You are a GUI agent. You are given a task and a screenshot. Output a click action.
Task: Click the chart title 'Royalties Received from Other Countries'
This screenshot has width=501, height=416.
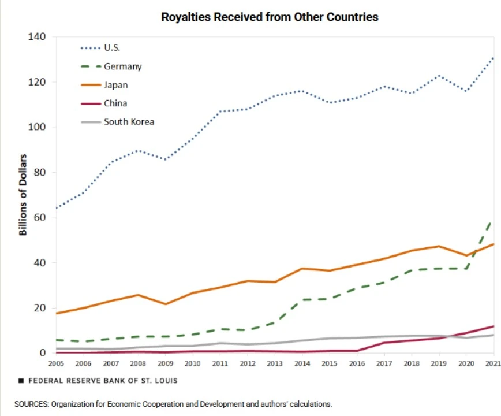tap(270, 17)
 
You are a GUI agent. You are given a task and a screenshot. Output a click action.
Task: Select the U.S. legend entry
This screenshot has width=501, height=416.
tap(100, 47)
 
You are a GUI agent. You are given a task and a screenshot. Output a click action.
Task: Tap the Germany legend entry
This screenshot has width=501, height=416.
tap(111, 66)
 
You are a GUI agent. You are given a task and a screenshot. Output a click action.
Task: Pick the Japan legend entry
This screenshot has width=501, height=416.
tap(104, 85)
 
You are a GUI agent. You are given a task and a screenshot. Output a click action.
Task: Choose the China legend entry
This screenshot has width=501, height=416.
tap(104, 103)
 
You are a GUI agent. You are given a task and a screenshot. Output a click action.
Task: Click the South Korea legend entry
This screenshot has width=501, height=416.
tap(118, 122)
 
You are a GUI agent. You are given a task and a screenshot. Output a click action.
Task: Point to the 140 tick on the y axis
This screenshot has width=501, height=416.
tap(37, 36)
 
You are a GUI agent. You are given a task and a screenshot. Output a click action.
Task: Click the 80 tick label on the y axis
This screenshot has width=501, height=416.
tap(40, 172)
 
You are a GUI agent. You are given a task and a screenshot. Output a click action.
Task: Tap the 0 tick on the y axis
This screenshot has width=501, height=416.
tap(43, 353)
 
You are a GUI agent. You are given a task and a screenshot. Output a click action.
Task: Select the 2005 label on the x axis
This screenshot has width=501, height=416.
tap(56, 363)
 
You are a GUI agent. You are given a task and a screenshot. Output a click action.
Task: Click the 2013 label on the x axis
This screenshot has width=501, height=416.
tap(275, 363)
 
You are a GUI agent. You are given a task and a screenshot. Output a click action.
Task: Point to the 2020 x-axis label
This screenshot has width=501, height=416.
tap(466, 363)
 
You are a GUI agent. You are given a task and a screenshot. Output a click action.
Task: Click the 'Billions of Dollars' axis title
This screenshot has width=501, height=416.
tap(23, 195)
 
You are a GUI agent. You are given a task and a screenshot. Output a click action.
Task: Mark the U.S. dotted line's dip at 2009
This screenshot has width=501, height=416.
tap(165, 159)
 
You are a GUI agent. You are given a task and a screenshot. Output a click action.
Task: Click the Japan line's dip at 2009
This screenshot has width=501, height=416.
tap(166, 304)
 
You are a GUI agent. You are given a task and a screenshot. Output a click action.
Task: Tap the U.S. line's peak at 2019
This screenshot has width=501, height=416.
tap(439, 76)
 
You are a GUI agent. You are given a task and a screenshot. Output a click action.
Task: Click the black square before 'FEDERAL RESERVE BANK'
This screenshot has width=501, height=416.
tap(21, 381)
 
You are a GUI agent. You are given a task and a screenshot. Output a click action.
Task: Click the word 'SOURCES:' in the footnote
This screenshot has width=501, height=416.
tap(32, 404)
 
